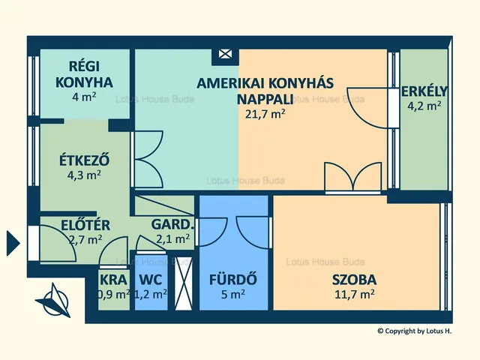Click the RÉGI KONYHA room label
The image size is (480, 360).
pos(84,74)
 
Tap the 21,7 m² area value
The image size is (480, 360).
pos(265,114)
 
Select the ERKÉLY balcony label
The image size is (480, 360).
pos(424,91)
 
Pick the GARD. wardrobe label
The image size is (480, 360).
pos(173,224)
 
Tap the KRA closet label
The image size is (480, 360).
pos(113,279)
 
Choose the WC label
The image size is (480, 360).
pos(150,279)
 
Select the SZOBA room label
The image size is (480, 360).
pos(354,280)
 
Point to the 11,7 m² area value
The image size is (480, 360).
pos(354,294)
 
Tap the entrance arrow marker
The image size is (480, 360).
pos(12,242)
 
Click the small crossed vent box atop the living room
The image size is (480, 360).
pos(223,55)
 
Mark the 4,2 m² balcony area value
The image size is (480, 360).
pos(424,106)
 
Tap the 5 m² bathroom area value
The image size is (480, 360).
pos(232,295)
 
